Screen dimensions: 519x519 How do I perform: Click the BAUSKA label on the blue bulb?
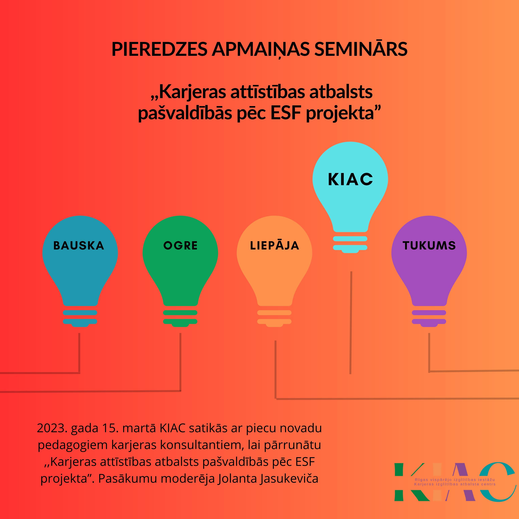click(x=79, y=246)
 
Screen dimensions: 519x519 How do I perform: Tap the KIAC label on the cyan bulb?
click(x=350, y=179)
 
